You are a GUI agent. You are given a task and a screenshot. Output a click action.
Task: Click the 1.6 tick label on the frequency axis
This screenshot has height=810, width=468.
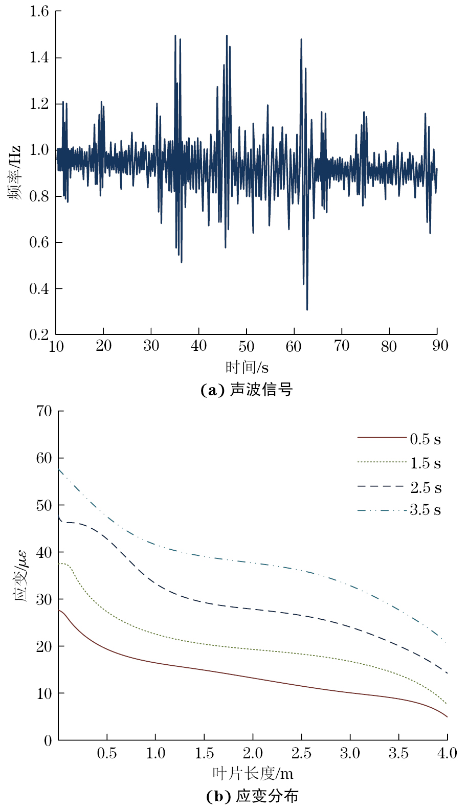point(39,11)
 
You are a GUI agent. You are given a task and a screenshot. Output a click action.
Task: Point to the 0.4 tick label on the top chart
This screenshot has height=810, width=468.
point(39,289)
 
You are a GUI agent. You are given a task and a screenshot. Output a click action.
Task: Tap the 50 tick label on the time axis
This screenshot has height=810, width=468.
point(247,347)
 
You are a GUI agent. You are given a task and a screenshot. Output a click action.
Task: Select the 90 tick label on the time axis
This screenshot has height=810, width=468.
point(440,346)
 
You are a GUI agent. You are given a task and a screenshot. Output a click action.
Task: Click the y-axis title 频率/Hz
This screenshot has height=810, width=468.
point(15,172)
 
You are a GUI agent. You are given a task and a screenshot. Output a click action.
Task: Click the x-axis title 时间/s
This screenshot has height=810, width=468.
point(247,367)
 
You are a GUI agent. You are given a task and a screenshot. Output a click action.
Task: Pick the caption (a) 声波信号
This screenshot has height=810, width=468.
point(247,390)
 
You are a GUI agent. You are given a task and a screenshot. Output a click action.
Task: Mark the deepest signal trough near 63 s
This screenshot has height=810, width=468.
point(307,309)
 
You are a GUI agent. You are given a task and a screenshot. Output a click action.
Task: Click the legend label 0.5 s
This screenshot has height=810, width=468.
point(425,439)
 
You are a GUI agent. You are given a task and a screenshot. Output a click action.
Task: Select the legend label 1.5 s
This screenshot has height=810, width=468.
point(425,463)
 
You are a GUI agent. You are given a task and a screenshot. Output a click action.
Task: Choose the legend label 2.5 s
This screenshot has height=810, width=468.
point(426,488)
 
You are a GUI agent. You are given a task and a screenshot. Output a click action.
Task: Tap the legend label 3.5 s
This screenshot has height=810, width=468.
point(425,510)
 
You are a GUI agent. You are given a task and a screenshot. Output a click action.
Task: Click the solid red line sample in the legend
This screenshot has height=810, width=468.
point(382,438)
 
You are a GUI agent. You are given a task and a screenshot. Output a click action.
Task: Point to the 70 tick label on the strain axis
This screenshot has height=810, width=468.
point(44,411)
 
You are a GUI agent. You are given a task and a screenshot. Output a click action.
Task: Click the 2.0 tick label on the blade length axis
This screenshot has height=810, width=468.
point(253,753)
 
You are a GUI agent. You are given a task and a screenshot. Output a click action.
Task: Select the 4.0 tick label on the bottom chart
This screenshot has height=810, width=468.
point(447,753)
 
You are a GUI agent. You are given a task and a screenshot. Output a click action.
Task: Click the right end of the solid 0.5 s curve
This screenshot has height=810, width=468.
point(447,716)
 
